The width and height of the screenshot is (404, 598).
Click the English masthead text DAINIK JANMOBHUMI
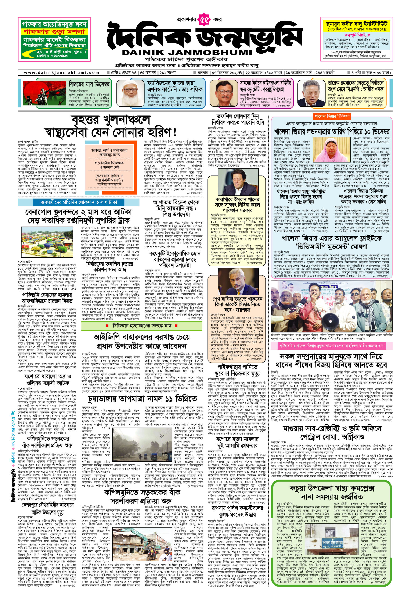tap(187, 53)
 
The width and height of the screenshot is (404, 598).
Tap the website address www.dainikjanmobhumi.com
tap(61, 73)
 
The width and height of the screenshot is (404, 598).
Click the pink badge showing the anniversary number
tap(204, 20)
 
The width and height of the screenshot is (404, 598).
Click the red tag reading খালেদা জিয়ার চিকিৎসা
tap(332, 116)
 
